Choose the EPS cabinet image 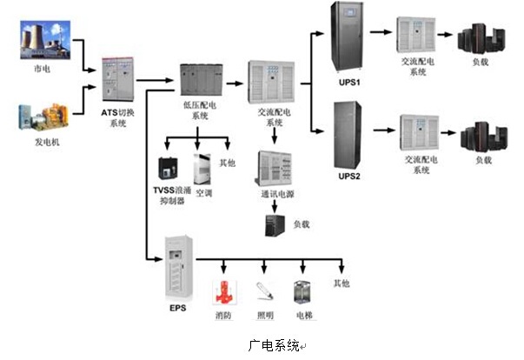point(179,267)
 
